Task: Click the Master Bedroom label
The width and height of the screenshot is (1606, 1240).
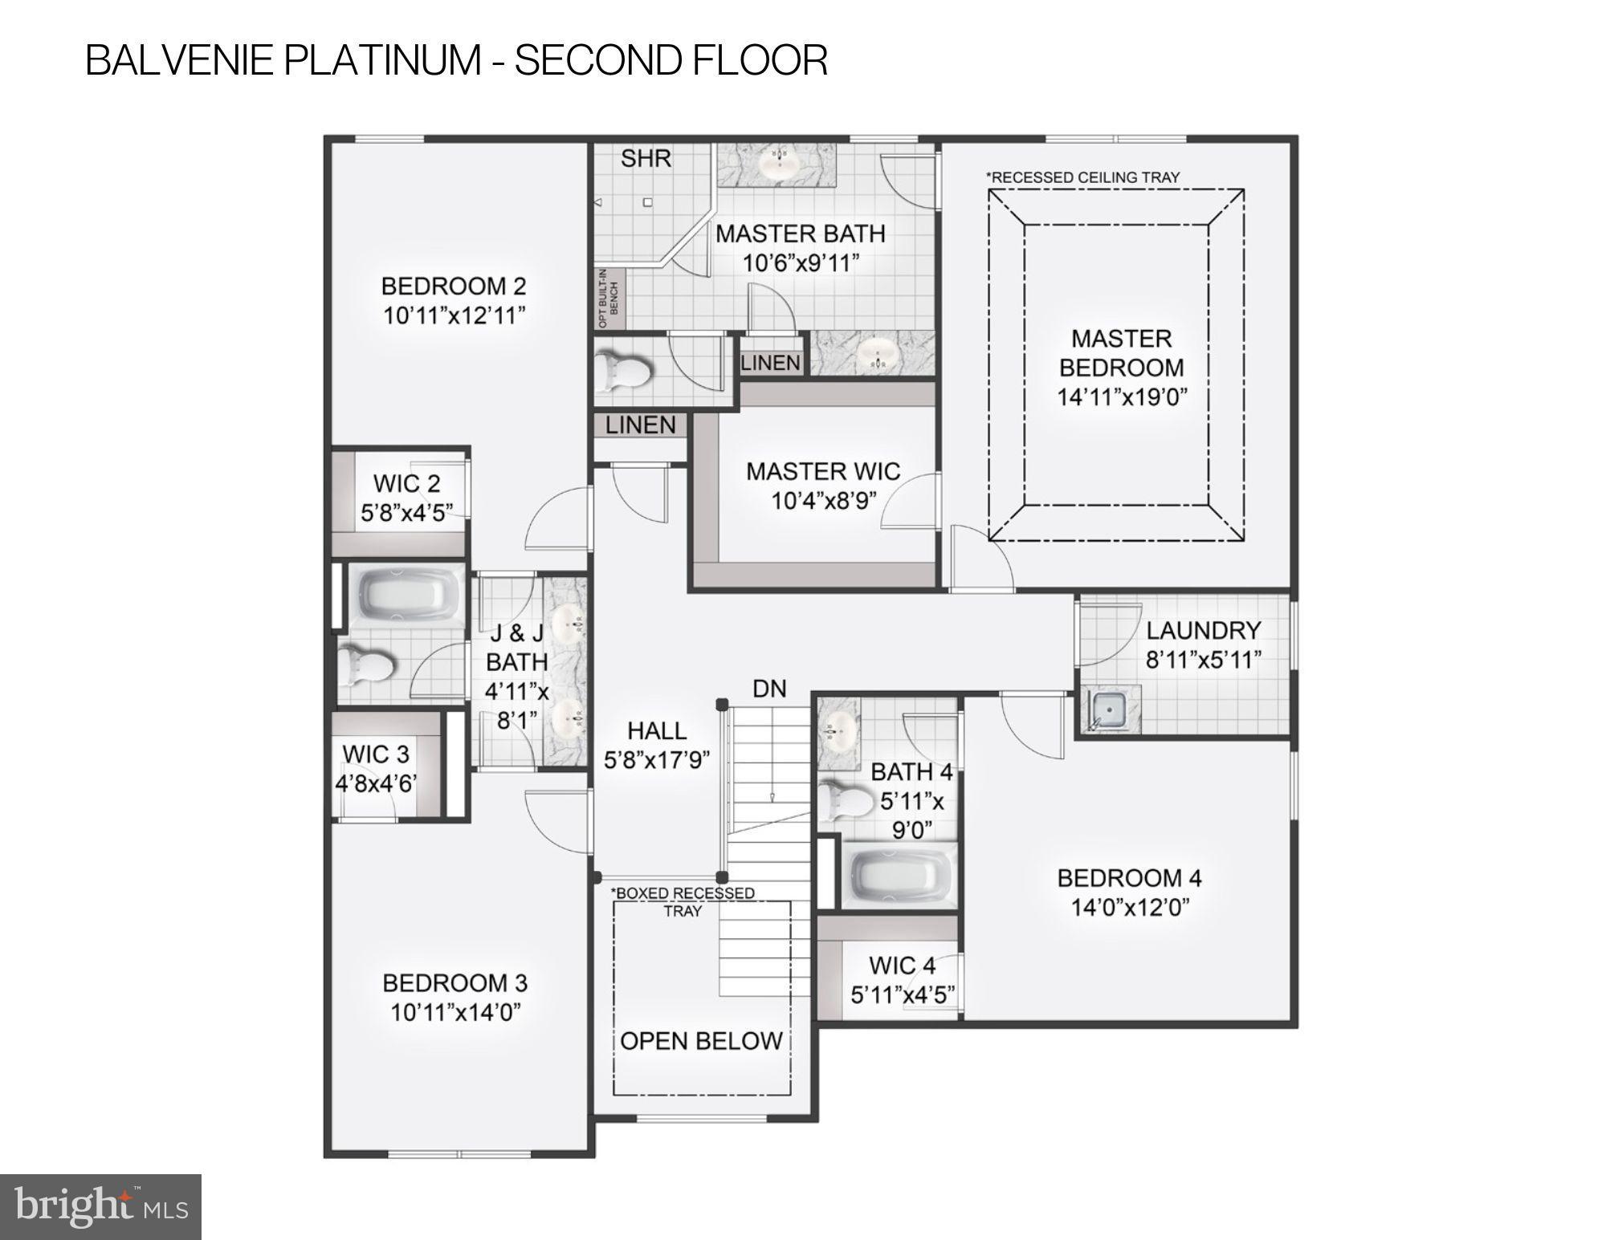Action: [1121, 353]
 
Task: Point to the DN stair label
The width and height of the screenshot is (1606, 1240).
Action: [769, 689]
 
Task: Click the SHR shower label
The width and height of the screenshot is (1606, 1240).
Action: [646, 158]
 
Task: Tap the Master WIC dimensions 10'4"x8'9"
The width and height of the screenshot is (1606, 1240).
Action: [823, 501]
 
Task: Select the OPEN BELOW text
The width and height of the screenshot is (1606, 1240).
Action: [701, 1041]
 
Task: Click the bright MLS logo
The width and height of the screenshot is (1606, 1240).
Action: [100, 1206]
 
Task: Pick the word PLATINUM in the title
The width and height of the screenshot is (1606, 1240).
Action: [385, 60]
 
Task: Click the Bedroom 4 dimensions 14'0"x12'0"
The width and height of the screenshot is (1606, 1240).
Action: [1129, 908]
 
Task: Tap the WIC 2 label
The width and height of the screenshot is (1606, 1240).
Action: [406, 483]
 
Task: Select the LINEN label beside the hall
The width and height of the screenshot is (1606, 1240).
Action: [640, 425]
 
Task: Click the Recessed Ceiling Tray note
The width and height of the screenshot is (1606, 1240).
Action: [1082, 177]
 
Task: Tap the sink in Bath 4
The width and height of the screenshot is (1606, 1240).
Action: [838, 728]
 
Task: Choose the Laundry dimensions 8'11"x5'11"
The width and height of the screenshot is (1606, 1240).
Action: [1203, 660]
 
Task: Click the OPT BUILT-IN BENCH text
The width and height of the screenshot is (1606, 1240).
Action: [609, 298]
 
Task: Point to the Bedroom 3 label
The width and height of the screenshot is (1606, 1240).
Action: [454, 982]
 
